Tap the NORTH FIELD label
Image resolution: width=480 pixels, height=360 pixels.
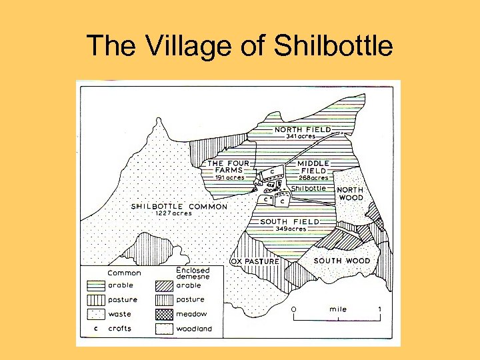point(303,129)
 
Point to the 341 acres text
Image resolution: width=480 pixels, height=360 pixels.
point(301,137)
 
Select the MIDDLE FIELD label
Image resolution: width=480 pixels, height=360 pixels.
point(313,167)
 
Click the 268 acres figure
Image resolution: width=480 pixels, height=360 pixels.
point(313,178)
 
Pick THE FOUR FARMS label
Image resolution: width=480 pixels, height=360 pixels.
point(229,167)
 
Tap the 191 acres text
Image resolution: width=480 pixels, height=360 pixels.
point(229,178)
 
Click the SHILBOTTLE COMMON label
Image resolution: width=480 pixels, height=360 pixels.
point(179,206)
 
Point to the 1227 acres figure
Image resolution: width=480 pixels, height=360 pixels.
point(173,213)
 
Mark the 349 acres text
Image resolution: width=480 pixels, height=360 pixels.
point(290,229)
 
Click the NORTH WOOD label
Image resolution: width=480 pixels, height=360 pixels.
point(351,193)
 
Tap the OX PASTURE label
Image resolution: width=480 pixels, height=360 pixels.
point(255,261)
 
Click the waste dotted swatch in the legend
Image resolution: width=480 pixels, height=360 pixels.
point(97,314)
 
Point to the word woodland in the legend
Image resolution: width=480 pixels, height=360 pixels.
point(194,329)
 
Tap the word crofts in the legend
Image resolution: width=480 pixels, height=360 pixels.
point(120,329)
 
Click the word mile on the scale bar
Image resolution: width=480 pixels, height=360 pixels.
point(338,309)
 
